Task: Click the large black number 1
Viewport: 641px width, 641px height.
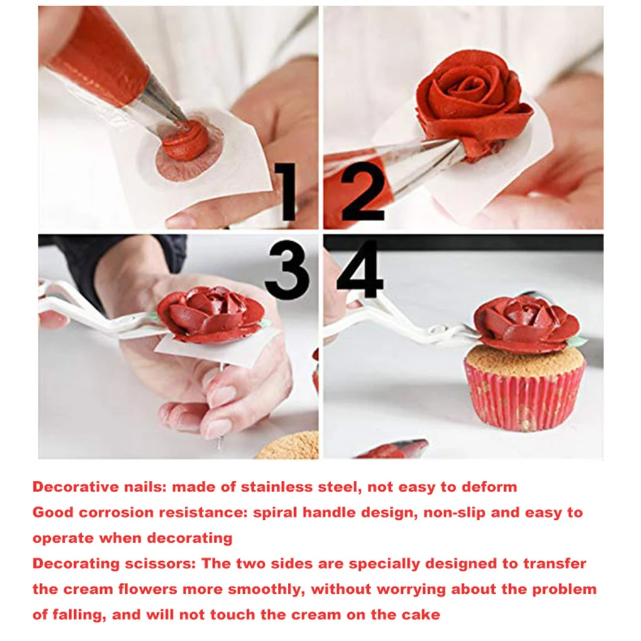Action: tap(287, 191)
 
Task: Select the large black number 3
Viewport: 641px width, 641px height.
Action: tap(287, 270)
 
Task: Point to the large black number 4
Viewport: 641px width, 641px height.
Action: tap(360, 270)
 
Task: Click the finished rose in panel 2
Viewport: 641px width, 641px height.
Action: tap(471, 101)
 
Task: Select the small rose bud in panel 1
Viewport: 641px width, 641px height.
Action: tap(185, 141)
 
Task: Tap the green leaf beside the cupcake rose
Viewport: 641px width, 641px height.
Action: tap(575, 342)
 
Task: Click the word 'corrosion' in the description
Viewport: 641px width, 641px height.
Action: tap(117, 513)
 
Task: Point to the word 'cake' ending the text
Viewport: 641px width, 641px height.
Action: tap(424, 615)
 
